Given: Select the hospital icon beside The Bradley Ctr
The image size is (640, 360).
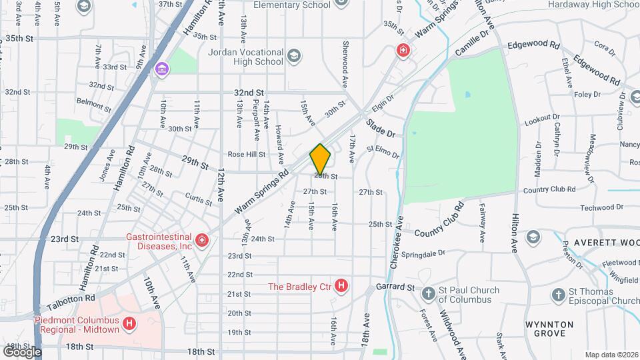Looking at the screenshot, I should (341, 287).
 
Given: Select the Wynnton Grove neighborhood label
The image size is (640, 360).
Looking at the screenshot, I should (549, 329).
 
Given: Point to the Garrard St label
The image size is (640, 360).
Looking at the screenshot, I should (397, 287).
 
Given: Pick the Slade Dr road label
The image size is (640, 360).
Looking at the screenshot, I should (380, 128).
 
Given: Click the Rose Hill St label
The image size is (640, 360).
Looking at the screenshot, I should (247, 154).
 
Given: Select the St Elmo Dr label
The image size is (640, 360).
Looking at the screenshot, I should (383, 152).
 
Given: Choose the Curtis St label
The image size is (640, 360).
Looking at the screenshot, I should (198, 198).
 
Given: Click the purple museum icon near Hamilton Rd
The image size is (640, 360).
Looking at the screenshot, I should (161, 69).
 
